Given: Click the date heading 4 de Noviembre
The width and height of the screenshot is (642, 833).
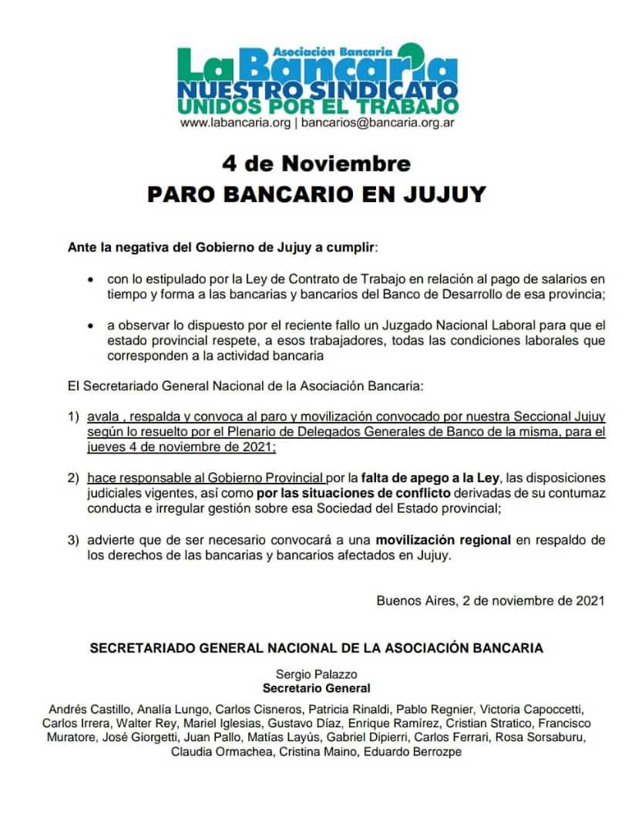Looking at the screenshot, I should [x=316, y=164].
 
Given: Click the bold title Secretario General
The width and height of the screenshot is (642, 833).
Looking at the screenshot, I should [x=316, y=688].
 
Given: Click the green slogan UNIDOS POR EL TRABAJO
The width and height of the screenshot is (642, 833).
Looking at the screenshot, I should [x=317, y=106].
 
